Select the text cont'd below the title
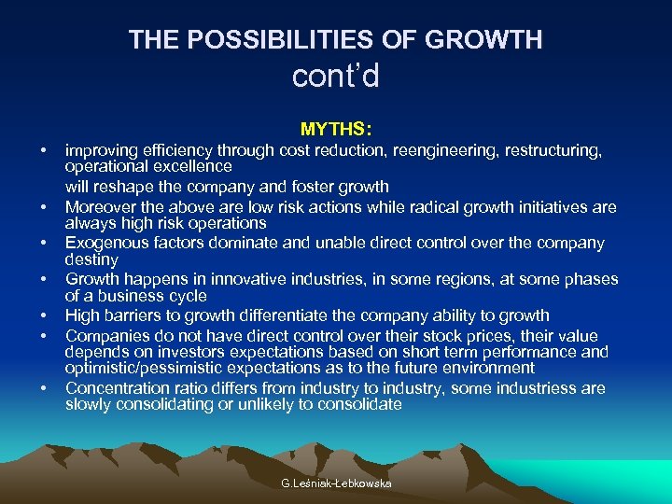(336, 77)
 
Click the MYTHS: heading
(336, 128)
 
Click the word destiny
(91, 259)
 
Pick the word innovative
(236, 279)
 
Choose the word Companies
(105, 334)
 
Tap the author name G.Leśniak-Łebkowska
(336, 483)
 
